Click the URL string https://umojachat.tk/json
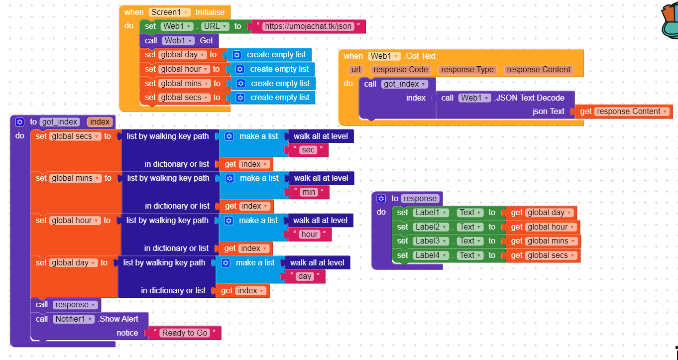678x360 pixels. click(x=308, y=26)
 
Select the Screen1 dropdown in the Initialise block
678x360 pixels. click(x=170, y=12)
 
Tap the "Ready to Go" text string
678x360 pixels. click(x=185, y=333)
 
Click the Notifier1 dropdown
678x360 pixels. click(x=73, y=319)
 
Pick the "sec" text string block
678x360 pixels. click(x=309, y=150)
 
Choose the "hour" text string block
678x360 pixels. click(x=309, y=235)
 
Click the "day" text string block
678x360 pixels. click(x=305, y=276)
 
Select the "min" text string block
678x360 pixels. click(x=309, y=192)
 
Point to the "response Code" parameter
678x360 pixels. click(x=401, y=70)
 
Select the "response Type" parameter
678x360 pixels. click(x=467, y=70)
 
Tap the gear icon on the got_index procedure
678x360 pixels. click(x=20, y=122)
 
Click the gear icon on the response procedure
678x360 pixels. click(x=381, y=199)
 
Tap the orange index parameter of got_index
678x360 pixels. click(x=100, y=122)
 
